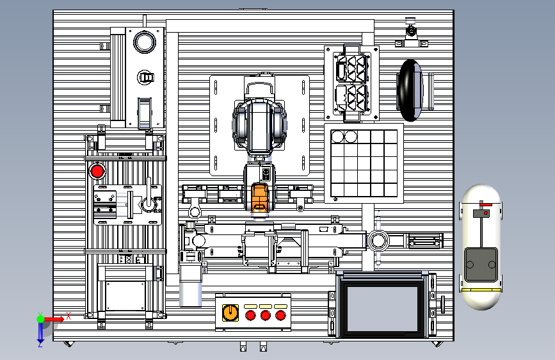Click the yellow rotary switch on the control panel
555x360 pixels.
(x=230, y=313)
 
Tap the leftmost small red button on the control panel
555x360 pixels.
(x=250, y=315)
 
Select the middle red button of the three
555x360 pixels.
(x=266, y=315)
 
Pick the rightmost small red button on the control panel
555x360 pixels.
(x=280, y=315)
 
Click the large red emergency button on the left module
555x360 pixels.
(x=97, y=171)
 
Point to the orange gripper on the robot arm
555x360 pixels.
(x=259, y=199)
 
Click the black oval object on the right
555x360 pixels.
(x=410, y=90)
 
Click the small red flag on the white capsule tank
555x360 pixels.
(x=486, y=204)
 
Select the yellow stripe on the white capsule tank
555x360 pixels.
(x=481, y=290)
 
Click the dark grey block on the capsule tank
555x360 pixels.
(x=481, y=265)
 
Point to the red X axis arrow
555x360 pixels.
(x=54, y=319)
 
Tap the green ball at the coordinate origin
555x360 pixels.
(x=40, y=319)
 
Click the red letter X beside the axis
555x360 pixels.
(x=68, y=316)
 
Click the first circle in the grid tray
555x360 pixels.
(x=337, y=136)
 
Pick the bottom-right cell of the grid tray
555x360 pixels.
(x=390, y=190)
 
